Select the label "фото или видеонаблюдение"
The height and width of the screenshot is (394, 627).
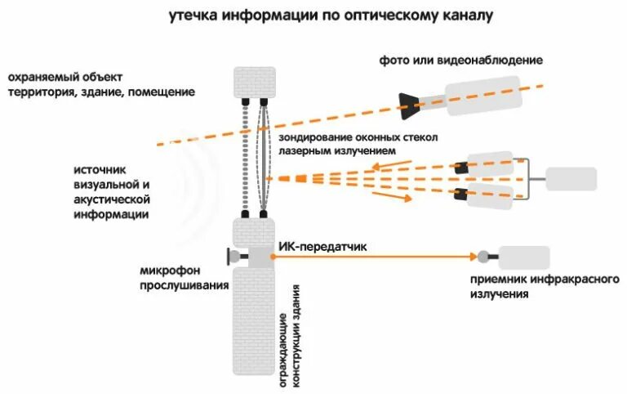point(460,60)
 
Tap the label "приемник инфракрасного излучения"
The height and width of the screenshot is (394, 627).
point(544,287)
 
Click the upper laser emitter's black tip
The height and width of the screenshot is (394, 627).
point(462,167)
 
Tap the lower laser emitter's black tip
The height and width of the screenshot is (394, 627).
point(462,195)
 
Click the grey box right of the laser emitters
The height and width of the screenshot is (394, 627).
point(571,179)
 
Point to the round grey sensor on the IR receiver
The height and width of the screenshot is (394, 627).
point(483,257)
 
